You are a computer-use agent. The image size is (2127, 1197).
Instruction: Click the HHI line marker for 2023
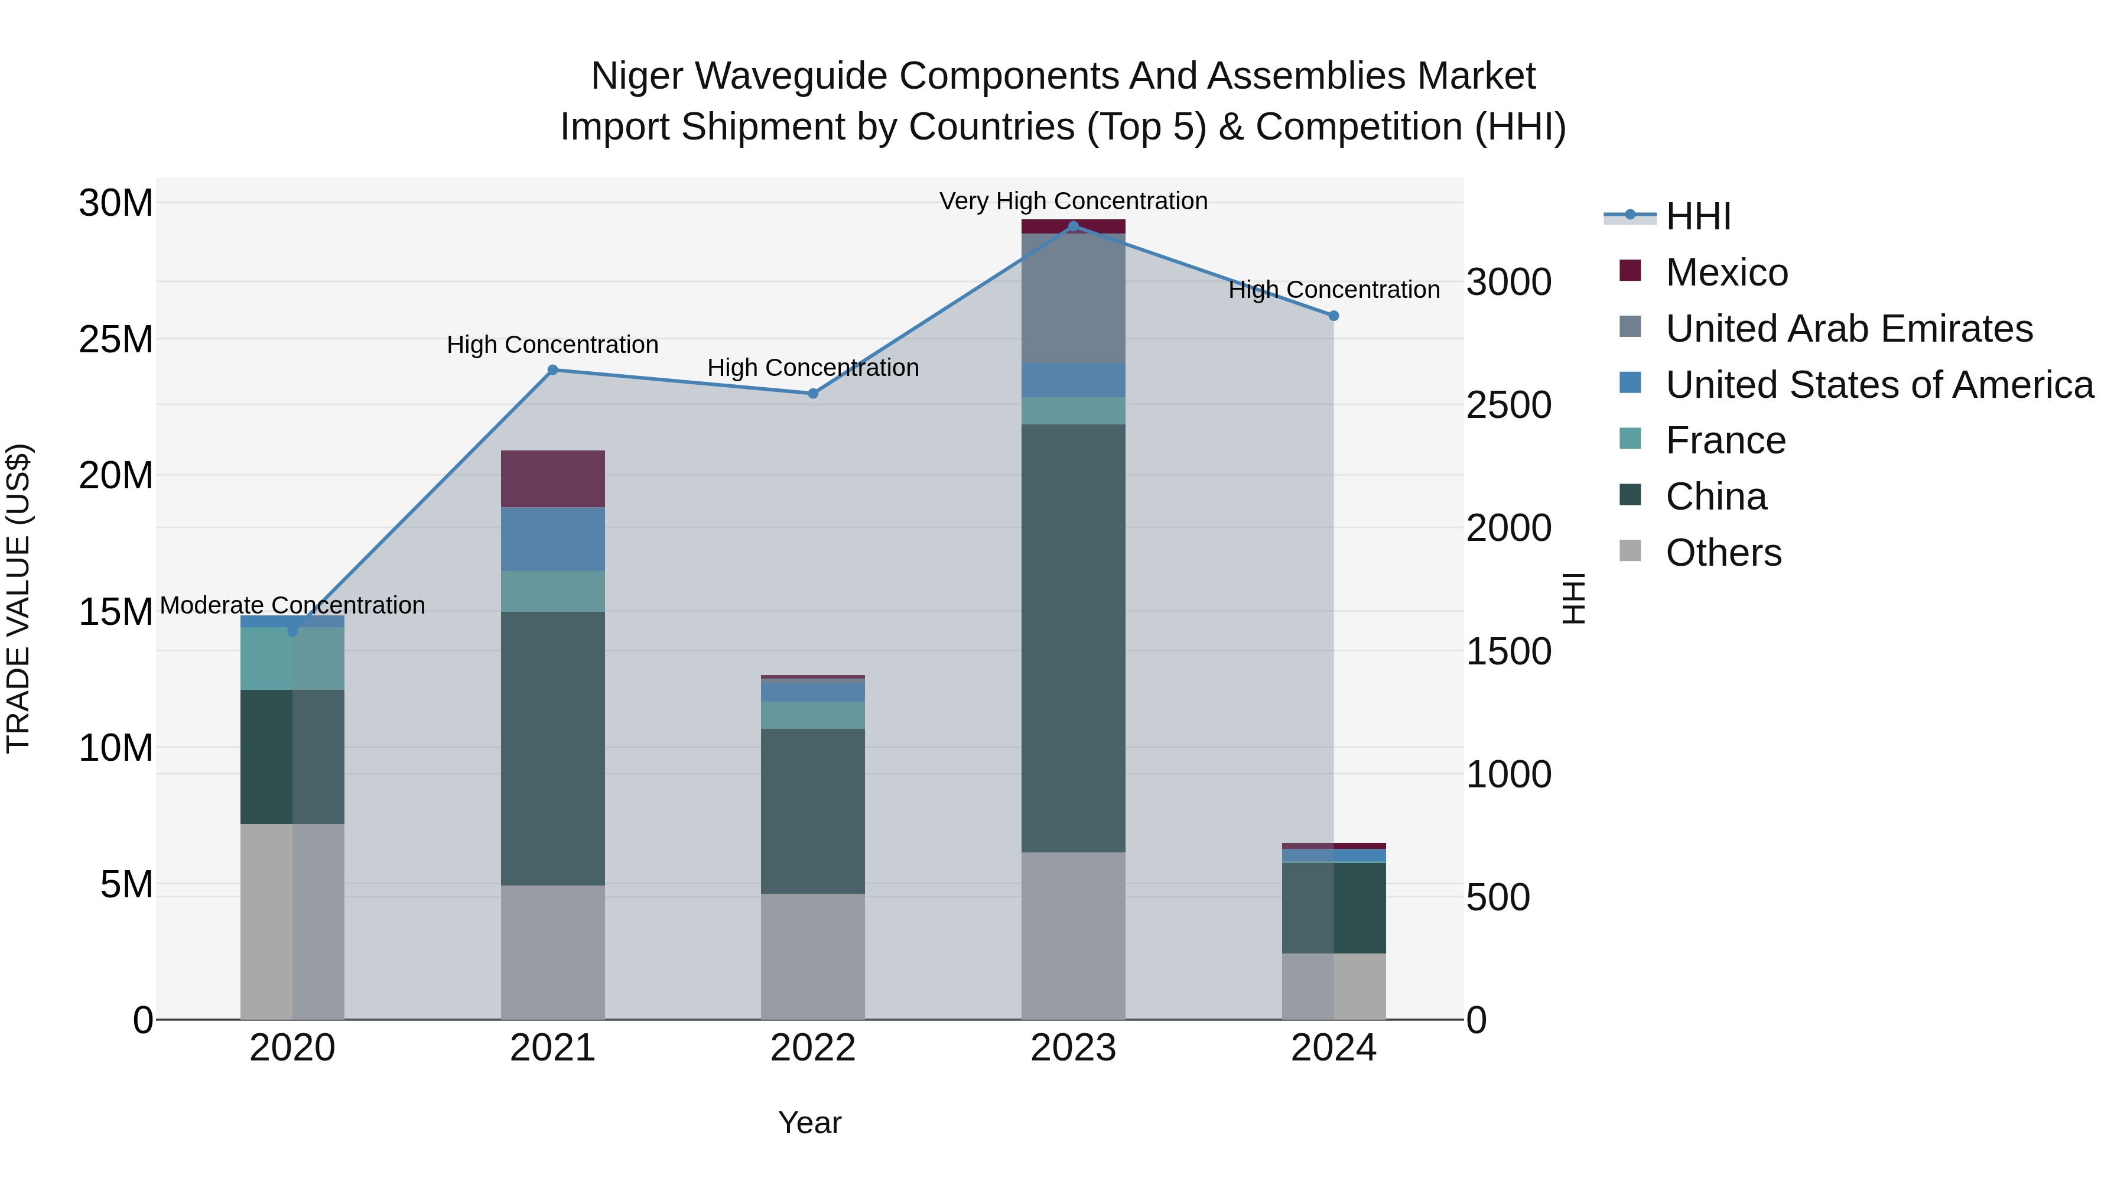pos(1072,226)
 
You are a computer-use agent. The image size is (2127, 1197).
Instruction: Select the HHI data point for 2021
pos(552,370)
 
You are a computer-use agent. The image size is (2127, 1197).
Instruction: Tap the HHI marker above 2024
pos(1333,316)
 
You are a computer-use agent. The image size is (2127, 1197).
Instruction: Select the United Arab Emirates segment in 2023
pos(1072,299)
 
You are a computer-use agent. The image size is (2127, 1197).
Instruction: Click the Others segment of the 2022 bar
pos(812,956)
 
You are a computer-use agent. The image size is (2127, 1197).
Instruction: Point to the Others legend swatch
pos(1630,550)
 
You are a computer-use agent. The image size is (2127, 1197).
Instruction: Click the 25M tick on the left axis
pos(116,339)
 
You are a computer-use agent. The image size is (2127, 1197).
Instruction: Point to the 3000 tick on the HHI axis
pos(1508,283)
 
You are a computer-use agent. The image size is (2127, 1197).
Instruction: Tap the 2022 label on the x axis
pos(812,1048)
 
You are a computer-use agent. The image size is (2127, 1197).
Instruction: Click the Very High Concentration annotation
pos(1072,201)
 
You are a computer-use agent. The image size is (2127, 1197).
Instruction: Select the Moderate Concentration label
pos(292,605)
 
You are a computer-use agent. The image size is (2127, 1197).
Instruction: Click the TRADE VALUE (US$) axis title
pos(18,598)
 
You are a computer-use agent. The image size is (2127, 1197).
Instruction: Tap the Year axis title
pos(809,1123)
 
